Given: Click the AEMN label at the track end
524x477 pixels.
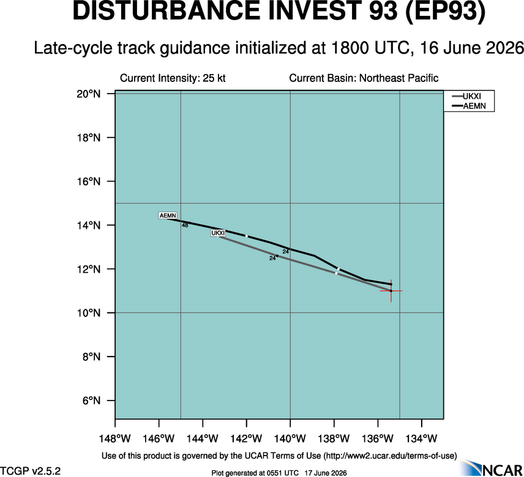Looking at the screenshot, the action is click(168, 216).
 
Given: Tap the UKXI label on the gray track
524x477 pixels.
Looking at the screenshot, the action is click(218, 233).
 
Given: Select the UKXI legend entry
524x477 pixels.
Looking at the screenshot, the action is click(466, 97).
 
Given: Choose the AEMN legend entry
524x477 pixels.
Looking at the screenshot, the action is click(468, 106).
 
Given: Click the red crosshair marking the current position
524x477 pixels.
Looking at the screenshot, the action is click(391, 290).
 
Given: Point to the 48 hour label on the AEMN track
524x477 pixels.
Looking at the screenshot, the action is click(185, 225).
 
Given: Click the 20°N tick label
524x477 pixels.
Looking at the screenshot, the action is click(89, 94).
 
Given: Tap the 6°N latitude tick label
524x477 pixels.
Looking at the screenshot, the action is click(92, 401).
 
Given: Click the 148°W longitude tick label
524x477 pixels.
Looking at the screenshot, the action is click(115, 438).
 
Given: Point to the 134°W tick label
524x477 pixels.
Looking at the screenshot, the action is click(422, 438).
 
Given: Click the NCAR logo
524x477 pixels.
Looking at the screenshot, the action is click(491, 468).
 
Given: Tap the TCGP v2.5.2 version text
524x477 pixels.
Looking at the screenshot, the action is click(31, 471).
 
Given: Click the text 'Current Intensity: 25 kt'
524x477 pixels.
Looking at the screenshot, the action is click(173, 78).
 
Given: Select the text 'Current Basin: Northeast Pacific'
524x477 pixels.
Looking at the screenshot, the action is click(364, 78).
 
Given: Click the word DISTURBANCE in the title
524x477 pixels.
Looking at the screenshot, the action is click(166, 11).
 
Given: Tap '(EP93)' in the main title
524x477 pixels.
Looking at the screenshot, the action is click(445, 12).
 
